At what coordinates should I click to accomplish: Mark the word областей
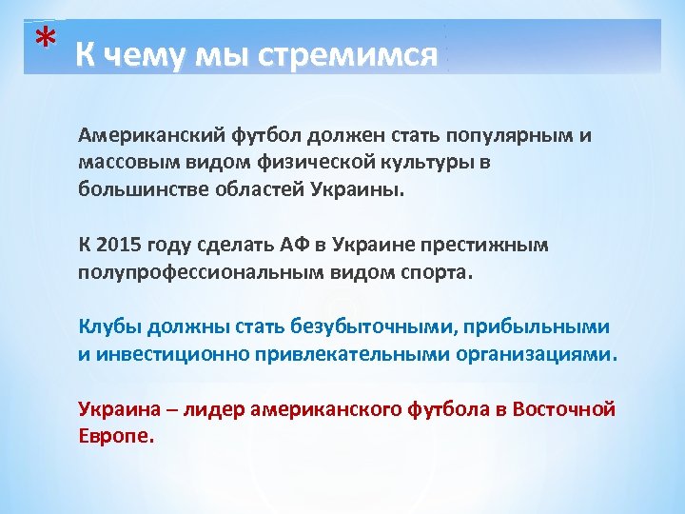(x=258, y=188)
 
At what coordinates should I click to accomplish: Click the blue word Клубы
(x=109, y=327)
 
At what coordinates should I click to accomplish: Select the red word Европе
(x=114, y=437)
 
